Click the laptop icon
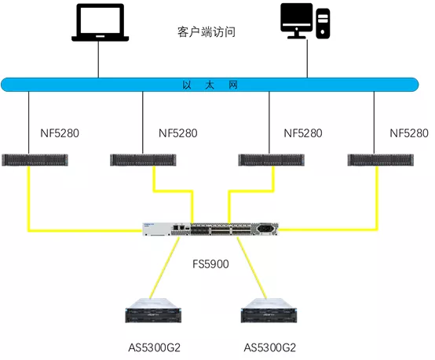pyautogui.click(x=101, y=23)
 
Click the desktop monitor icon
pyautogui.click(x=297, y=20)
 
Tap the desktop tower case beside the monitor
pyautogui.click(x=323, y=24)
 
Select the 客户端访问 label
pyautogui.click(x=207, y=32)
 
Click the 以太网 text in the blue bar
pyautogui.click(x=210, y=85)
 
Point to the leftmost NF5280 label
pyautogui.click(x=60, y=133)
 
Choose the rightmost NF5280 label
pyautogui.click(x=409, y=133)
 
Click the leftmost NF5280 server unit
pyautogui.click(x=35, y=160)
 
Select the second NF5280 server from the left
pyautogui.click(x=143, y=160)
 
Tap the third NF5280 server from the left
pyautogui.click(x=272, y=160)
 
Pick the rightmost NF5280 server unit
pyautogui.click(x=381, y=160)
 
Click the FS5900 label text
pyautogui.click(x=210, y=264)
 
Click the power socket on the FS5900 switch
pyautogui.click(x=265, y=229)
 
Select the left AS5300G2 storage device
pyautogui.click(x=153, y=311)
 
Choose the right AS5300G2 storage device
pyautogui.click(x=269, y=311)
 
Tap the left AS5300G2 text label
pyautogui.click(x=154, y=347)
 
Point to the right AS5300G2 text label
pyautogui.click(x=270, y=347)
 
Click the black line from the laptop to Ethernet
pyautogui.click(x=98, y=60)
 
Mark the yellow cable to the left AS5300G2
pyautogui.click(x=165, y=268)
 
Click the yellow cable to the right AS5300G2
pyautogui.click(x=252, y=268)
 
